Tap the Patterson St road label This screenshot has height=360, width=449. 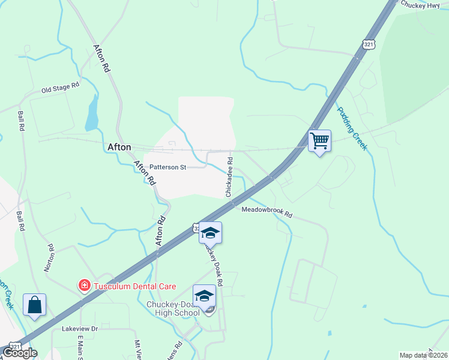tap(168, 167)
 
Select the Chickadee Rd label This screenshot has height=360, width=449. tap(229, 177)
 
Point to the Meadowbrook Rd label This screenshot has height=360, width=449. tap(267, 212)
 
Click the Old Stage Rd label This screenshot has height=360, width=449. tap(60, 88)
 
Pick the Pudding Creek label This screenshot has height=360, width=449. tap(351, 128)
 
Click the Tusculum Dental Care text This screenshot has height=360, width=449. tap(134, 285)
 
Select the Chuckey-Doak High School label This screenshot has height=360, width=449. tap(173, 308)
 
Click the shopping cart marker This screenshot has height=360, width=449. tap(319, 142)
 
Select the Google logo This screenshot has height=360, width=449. tap(20, 353)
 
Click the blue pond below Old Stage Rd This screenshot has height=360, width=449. tap(91, 113)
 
